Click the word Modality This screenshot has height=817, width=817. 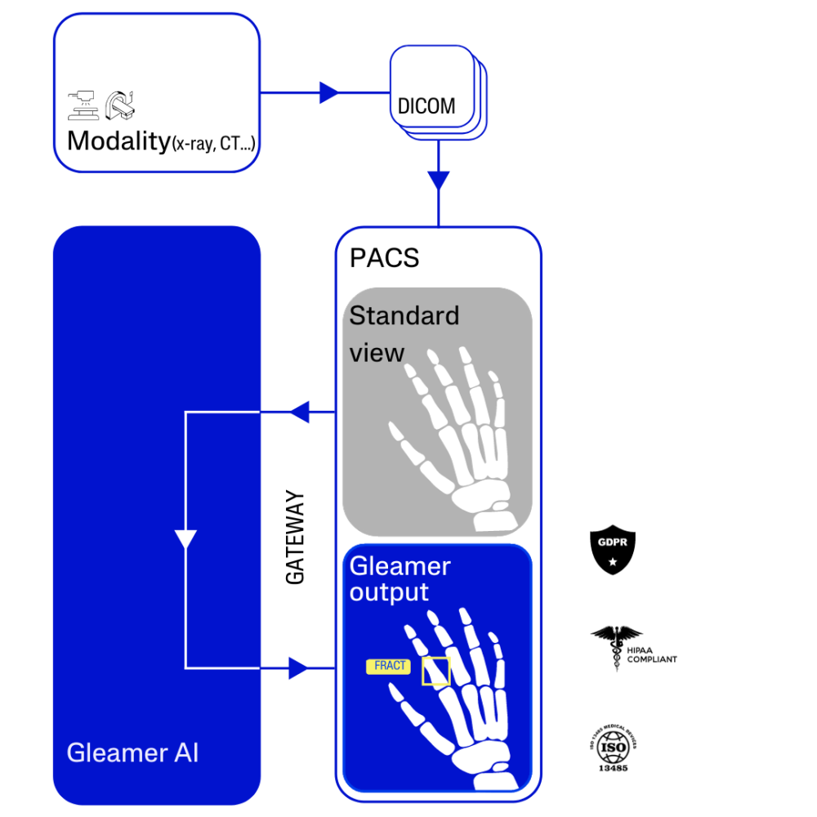[118, 141]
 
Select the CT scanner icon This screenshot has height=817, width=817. [122, 104]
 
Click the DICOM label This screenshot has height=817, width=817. [426, 106]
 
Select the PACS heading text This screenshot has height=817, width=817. [384, 258]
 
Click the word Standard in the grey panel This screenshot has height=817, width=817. [404, 315]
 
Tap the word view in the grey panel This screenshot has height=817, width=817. [377, 353]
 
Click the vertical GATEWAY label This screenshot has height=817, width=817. [295, 537]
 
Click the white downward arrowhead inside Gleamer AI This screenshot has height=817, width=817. [186, 540]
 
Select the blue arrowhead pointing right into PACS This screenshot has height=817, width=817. [299, 668]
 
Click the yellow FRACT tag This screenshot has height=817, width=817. [389, 666]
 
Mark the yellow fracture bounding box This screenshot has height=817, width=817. [435, 671]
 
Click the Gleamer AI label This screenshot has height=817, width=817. [132, 752]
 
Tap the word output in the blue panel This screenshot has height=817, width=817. [389, 592]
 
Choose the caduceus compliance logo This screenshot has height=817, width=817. [609, 648]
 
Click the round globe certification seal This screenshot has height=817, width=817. [613, 745]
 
